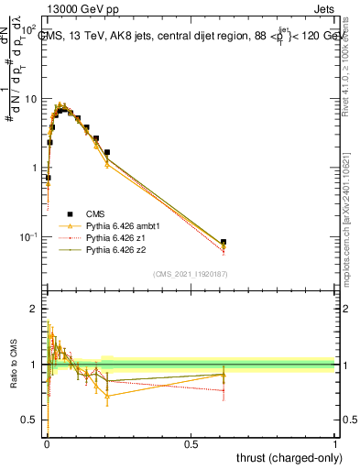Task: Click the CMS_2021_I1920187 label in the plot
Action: (x=191, y=273)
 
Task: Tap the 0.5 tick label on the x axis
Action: (x=191, y=442)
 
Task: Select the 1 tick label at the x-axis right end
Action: (x=335, y=442)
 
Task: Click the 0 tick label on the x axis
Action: (x=46, y=442)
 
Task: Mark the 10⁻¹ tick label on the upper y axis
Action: (x=29, y=236)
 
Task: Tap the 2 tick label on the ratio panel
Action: (x=36, y=309)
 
